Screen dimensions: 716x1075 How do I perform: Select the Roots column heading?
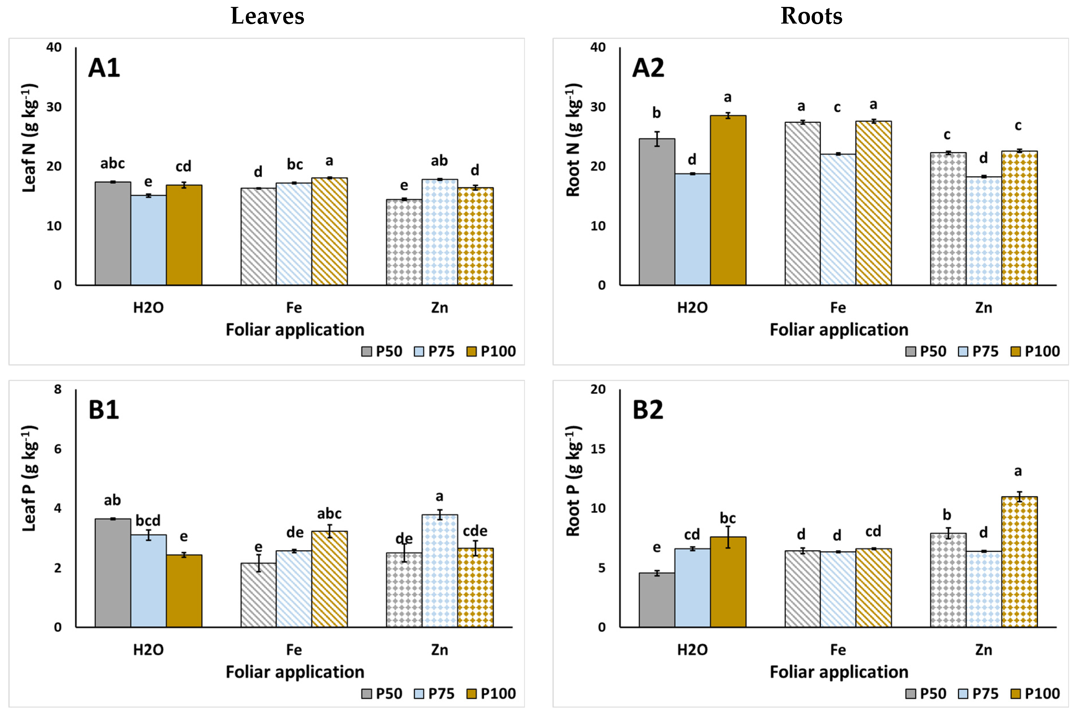click(811, 16)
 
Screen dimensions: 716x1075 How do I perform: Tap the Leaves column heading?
click(267, 16)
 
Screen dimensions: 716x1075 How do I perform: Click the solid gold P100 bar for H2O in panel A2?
click(728, 201)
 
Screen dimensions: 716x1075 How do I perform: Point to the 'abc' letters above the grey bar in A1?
click(113, 164)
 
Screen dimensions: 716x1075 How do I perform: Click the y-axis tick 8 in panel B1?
click(58, 390)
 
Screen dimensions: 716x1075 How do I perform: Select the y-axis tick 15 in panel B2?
click(598, 449)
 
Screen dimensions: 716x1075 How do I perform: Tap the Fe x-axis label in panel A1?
click(294, 308)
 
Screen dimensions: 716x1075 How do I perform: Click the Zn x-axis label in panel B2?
click(983, 650)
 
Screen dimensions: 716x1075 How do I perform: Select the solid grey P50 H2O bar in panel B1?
click(113, 573)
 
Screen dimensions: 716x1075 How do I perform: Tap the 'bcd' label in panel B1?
click(148, 520)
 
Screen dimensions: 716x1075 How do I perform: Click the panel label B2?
click(648, 410)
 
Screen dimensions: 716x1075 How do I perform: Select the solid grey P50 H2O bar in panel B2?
click(657, 600)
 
